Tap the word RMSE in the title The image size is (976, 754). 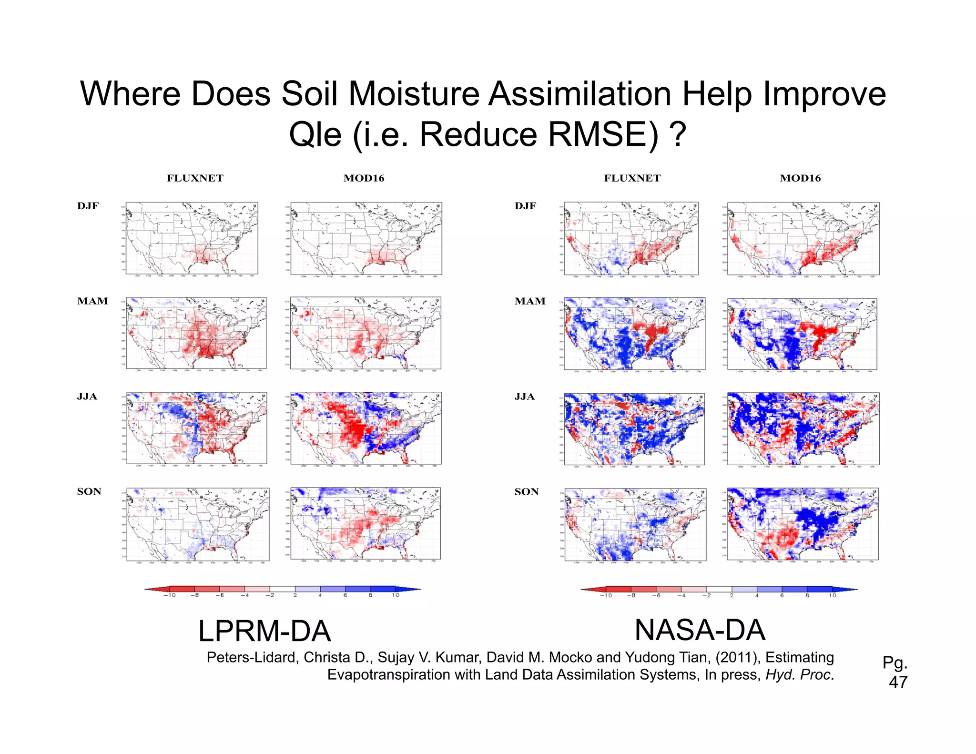(x=603, y=135)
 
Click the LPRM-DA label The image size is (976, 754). (x=264, y=631)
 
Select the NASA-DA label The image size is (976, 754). (x=700, y=630)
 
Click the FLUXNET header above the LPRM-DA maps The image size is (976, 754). (x=195, y=178)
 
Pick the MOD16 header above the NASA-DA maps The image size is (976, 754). (x=800, y=178)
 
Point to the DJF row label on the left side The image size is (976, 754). (x=88, y=206)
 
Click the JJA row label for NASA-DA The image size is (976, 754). (x=524, y=397)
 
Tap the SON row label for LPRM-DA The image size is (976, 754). (x=89, y=491)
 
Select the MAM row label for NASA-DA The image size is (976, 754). (x=529, y=301)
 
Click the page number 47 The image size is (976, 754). (x=898, y=682)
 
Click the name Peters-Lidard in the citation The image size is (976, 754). (x=253, y=657)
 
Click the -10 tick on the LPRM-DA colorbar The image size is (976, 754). (x=169, y=595)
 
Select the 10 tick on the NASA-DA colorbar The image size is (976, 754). (x=832, y=595)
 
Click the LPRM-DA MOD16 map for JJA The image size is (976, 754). (x=366, y=428)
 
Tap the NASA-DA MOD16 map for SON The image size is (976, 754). (x=803, y=524)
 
